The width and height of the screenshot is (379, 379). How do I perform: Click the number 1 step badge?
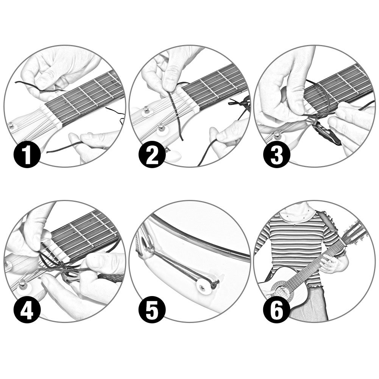[27, 154]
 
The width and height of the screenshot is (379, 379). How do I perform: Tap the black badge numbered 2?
[152, 154]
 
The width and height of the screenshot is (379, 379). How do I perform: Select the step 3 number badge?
[277, 154]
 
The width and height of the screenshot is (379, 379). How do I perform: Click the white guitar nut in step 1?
[51, 116]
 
